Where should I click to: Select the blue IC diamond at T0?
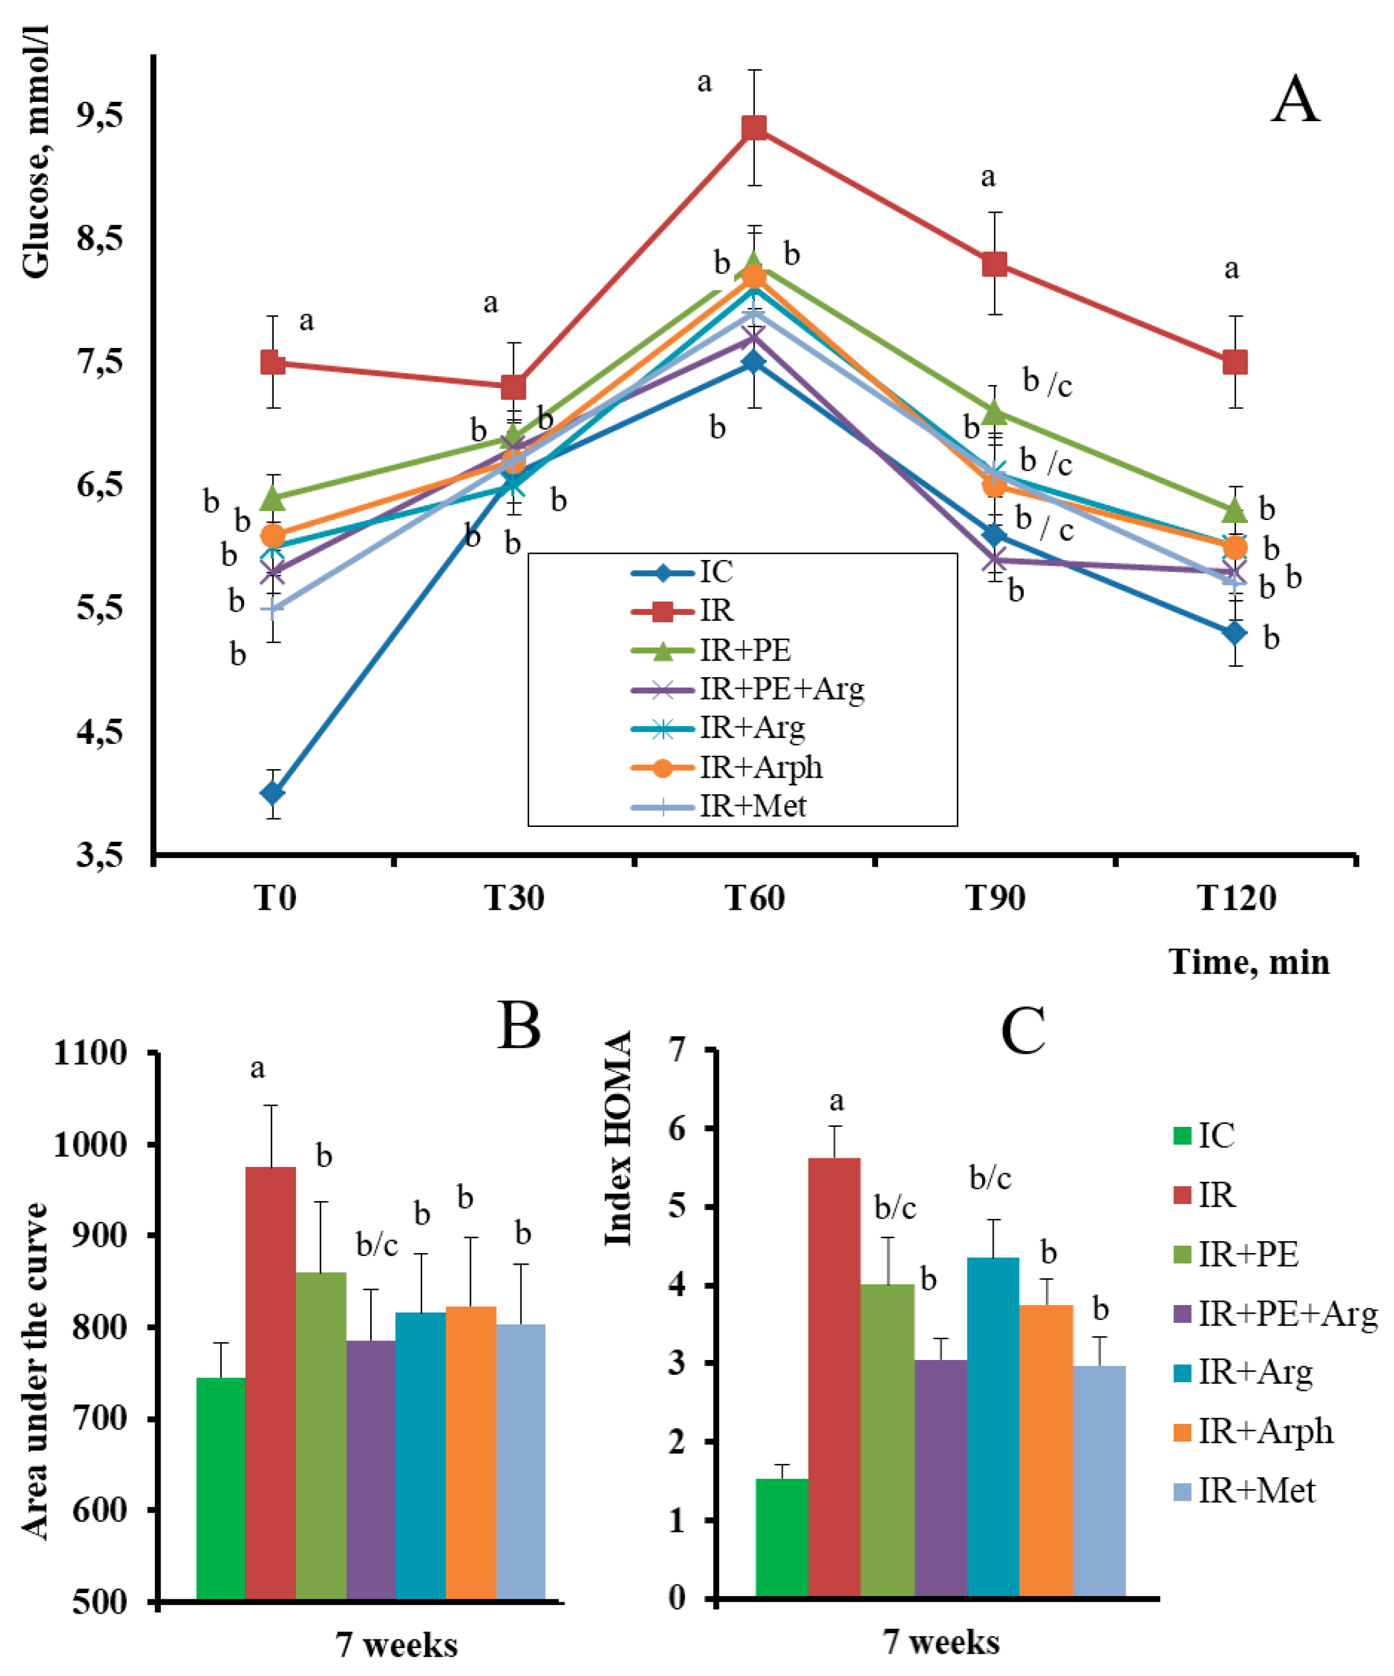point(273,793)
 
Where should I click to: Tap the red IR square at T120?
point(1235,362)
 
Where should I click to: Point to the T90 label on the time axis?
point(995,898)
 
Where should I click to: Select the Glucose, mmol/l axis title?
point(36,151)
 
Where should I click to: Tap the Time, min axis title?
point(1249,962)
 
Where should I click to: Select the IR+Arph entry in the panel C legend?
point(1265,1431)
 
